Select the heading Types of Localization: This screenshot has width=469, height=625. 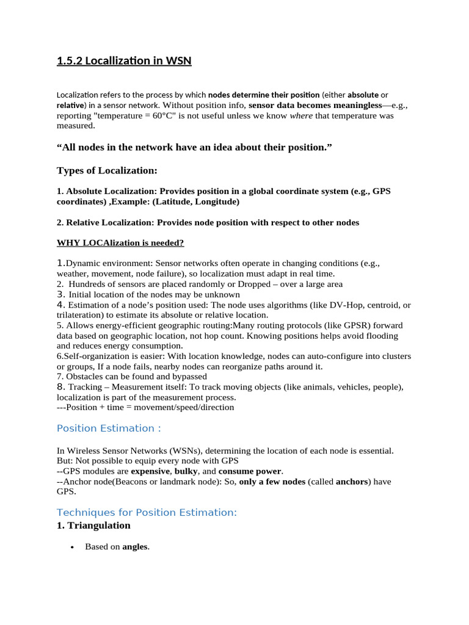107,170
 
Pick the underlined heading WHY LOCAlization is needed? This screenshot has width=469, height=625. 120,243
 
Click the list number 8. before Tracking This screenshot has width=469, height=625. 61,387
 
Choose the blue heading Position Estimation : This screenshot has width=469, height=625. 109,428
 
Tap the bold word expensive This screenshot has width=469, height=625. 150,471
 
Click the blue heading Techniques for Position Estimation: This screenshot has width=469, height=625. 147,512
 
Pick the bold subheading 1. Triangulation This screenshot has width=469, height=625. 93,526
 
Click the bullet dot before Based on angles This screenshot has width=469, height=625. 71,547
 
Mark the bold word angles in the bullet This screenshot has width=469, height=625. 135,547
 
